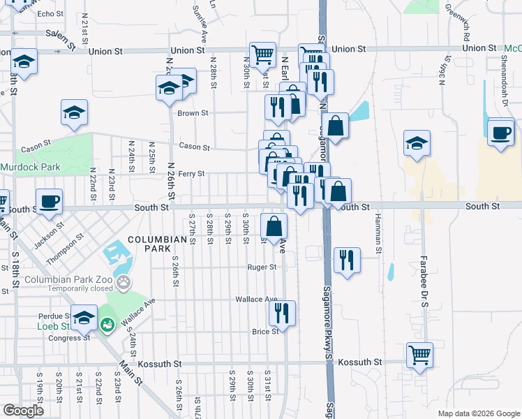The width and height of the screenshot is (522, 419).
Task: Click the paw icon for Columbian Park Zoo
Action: (124, 283)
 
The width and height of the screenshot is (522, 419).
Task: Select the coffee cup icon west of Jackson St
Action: (49, 202)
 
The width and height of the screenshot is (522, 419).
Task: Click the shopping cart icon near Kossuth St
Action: (419, 355)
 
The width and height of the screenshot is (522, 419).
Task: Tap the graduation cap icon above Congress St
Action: (84, 321)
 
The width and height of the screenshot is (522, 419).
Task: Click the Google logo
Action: (24, 411)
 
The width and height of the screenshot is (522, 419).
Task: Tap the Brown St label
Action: (193, 113)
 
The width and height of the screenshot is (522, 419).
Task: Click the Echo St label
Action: (50, 14)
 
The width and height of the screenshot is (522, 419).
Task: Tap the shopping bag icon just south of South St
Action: (274, 226)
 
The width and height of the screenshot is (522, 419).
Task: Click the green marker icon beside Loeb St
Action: (107, 325)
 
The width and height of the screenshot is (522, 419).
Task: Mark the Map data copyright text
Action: (478, 413)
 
